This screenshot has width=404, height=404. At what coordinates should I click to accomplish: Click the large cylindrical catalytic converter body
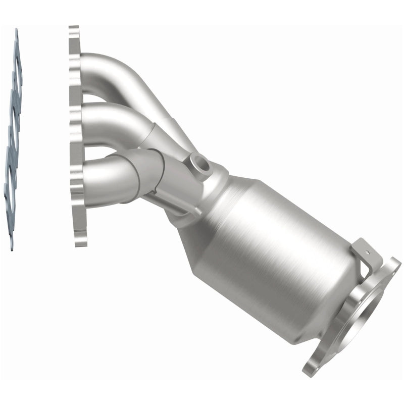[x=273, y=247]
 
